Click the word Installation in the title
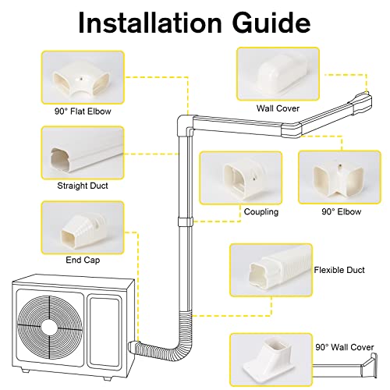[147, 23]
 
